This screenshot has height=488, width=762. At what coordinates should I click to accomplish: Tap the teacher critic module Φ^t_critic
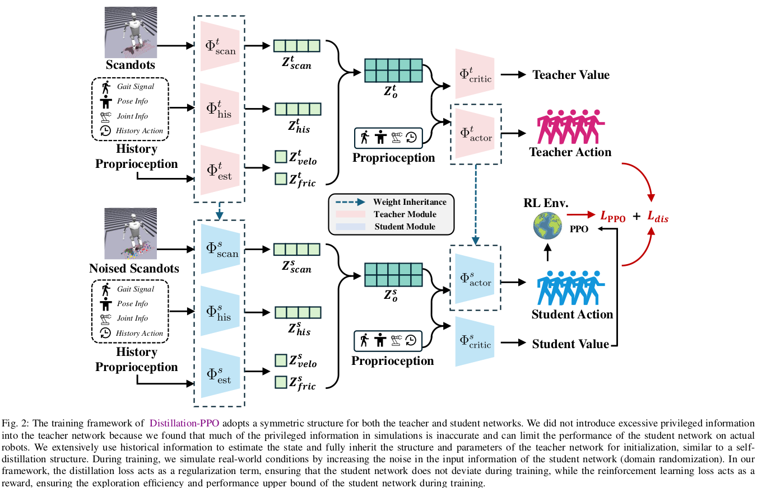tap(475, 75)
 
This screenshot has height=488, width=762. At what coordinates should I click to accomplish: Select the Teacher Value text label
tap(570, 75)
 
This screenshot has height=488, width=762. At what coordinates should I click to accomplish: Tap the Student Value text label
tap(570, 344)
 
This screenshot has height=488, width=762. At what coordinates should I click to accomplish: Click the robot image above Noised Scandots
tap(131, 233)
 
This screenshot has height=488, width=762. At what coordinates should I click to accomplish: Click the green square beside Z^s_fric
tap(280, 382)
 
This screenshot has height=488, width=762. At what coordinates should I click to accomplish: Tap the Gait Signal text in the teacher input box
tap(135, 87)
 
